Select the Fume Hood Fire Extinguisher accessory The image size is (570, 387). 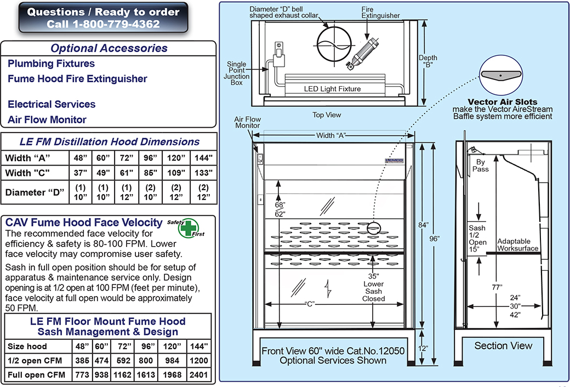(77, 79)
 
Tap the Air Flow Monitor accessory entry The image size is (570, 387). (47, 119)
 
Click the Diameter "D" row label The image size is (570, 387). (32, 193)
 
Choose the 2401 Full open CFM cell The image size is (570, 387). (198, 375)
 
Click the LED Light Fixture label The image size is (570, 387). (332, 89)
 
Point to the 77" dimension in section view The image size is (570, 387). (496, 286)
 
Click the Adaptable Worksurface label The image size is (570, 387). (518, 245)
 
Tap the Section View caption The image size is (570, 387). (503, 346)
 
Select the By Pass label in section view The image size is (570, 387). (480, 166)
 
